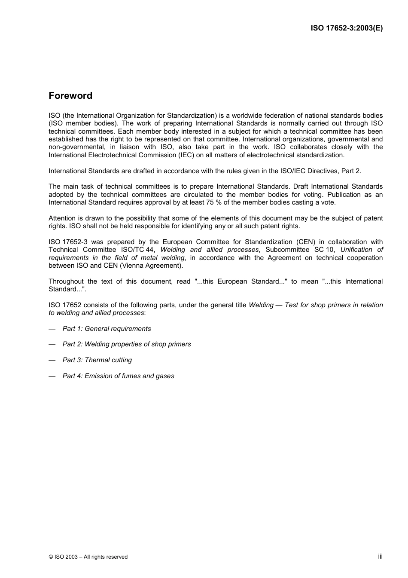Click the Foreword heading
click(70, 96)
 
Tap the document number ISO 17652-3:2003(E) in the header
click(347, 28)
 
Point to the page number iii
click(380, 556)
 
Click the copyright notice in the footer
click(88, 557)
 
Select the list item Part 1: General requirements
click(107, 329)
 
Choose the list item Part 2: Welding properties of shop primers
click(127, 344)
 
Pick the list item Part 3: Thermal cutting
click(97, 360)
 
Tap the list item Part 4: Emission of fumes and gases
click(118, 376)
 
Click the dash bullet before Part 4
click(52, 376)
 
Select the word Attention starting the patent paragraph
click(62, 218)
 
